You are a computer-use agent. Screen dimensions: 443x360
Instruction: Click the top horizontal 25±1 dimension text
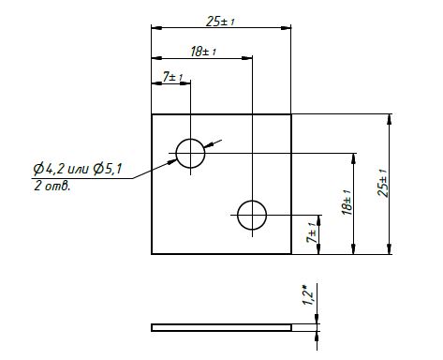point(220,22)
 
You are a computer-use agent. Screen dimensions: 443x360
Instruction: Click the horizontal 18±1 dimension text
point(203,52)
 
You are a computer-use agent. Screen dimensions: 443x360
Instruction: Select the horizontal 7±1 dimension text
point(172,77)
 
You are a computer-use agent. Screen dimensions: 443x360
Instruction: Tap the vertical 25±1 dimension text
point(382,183)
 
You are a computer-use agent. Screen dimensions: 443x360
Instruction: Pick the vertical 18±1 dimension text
point(347,202)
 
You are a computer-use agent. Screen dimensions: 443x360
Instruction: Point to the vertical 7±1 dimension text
point(312,233)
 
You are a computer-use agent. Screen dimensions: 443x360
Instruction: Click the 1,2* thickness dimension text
point(308,295)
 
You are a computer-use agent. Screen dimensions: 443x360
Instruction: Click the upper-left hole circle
point(176,153)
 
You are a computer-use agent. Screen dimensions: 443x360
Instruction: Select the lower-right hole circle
point(238,215)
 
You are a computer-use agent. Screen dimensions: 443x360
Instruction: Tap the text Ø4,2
point(49,169)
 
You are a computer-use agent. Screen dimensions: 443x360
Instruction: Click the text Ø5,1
point(107,169)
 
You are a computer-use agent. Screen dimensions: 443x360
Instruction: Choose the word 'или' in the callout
point(79,170)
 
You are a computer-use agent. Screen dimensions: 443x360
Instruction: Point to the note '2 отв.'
point(52,186)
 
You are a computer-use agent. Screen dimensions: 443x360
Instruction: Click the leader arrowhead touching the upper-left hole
point(172,161)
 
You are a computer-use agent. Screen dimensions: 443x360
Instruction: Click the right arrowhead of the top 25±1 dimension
point(286,28)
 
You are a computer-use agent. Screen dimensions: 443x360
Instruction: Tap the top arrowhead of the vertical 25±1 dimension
point(389,119)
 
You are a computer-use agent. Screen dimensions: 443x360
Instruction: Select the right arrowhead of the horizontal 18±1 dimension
point(247,58)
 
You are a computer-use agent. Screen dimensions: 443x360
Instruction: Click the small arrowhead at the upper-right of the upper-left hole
point(208,144)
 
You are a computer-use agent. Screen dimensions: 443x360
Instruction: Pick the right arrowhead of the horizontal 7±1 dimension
point(185,83)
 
